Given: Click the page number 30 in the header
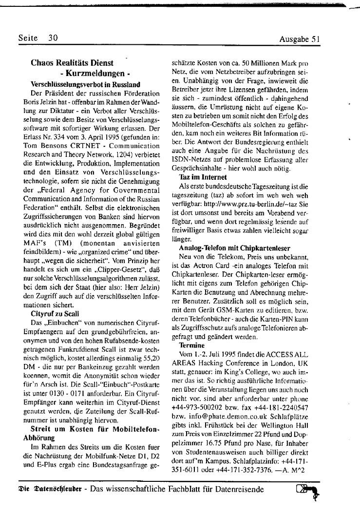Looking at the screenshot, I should click(53, 38).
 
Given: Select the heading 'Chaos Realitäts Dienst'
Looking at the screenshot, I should click(72, 63).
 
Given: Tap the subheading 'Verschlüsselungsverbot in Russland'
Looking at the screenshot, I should click(85, 84).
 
